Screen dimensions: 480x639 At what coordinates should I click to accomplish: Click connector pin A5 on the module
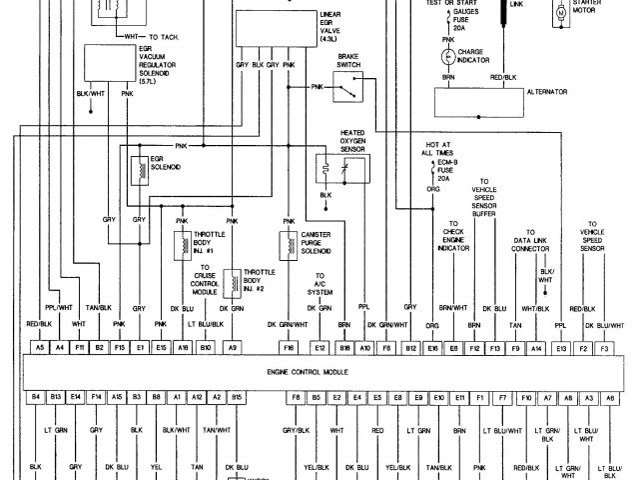point(39,347)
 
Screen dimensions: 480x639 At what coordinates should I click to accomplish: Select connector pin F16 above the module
point(288,347)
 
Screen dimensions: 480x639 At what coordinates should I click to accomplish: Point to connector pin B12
point(410,347)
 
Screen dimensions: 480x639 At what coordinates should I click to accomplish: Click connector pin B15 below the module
point(237,397)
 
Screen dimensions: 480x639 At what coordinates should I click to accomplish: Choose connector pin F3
point(605,347)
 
